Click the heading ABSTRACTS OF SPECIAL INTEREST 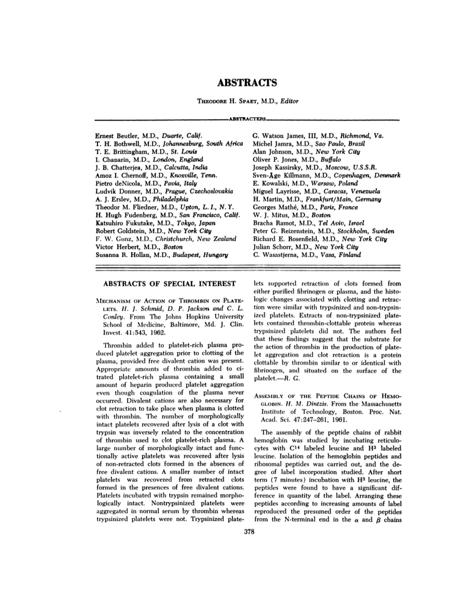point(170,283)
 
